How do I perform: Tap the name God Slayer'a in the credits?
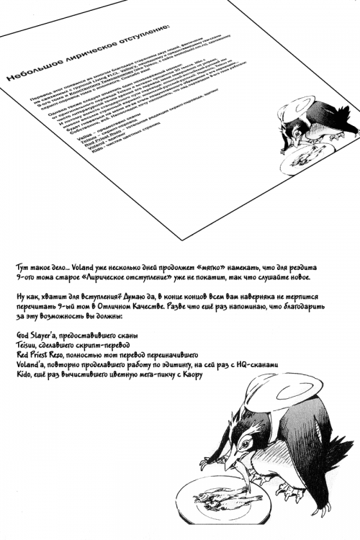point(37,336)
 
